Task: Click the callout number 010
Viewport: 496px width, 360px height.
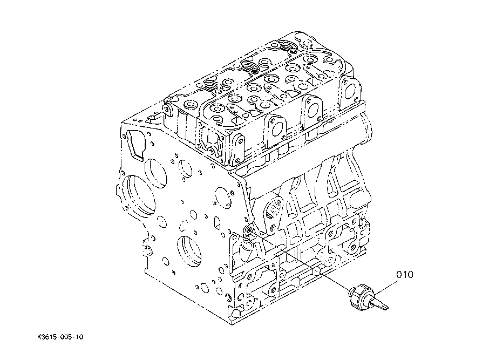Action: [x=405, y=275]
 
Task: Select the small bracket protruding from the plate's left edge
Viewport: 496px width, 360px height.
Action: [x=146, y=249]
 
